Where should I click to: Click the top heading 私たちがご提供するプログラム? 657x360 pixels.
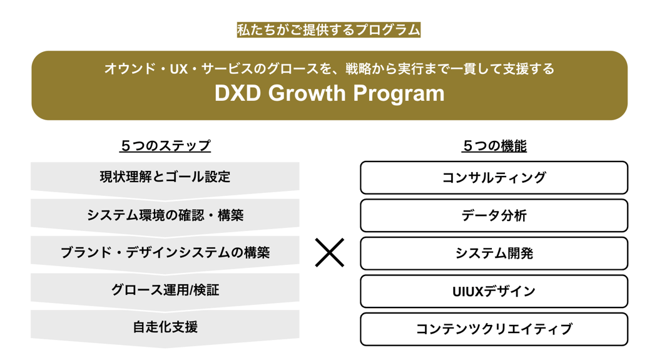328,29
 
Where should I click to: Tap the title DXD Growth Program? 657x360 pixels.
329,94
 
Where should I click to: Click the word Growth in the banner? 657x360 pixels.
307,94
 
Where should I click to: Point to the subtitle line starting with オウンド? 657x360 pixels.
329,68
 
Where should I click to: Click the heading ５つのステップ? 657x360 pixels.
165,146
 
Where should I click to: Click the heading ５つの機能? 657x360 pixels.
494,146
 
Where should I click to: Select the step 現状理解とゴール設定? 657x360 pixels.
165,177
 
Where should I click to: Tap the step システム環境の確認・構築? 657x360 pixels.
165,215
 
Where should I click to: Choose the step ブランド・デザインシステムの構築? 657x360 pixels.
165,253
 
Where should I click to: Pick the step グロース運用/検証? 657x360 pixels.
165,290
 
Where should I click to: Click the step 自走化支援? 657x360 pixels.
165,327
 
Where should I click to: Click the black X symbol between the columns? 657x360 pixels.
330,253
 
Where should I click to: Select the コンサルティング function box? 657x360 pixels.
494,178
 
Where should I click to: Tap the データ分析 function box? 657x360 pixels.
494,216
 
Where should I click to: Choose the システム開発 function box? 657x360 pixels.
494,254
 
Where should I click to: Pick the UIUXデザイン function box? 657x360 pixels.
494,291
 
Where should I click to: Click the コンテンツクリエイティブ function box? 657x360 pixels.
494,329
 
